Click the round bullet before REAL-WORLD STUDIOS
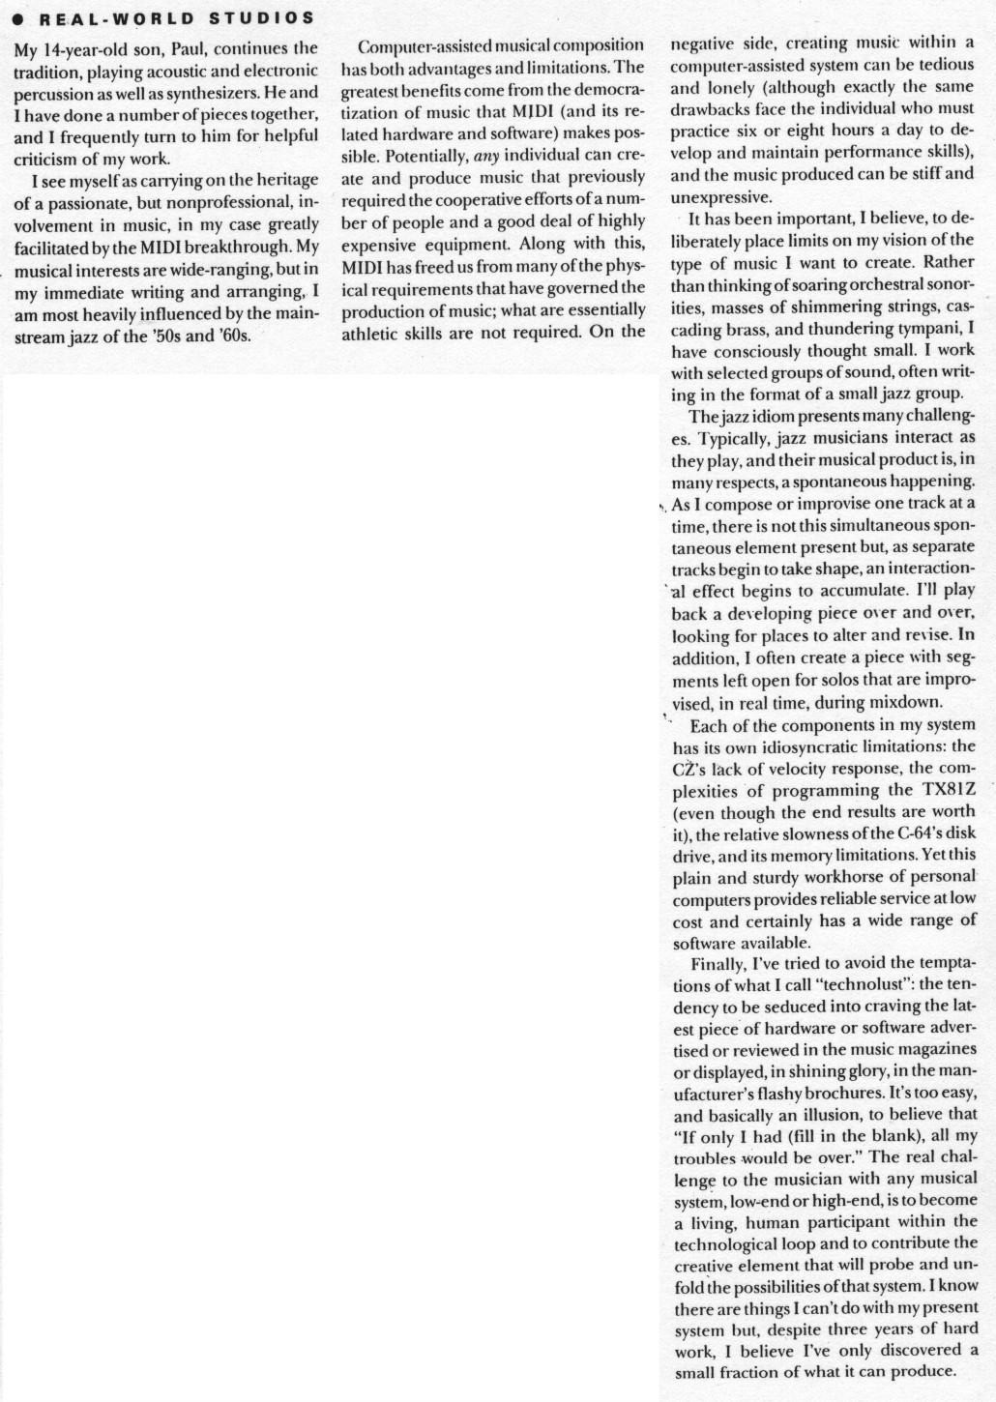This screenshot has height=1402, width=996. [x=19, y=18]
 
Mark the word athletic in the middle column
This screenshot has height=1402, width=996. [x=371, y=332]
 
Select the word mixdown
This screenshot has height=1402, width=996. [x=874, y=703]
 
